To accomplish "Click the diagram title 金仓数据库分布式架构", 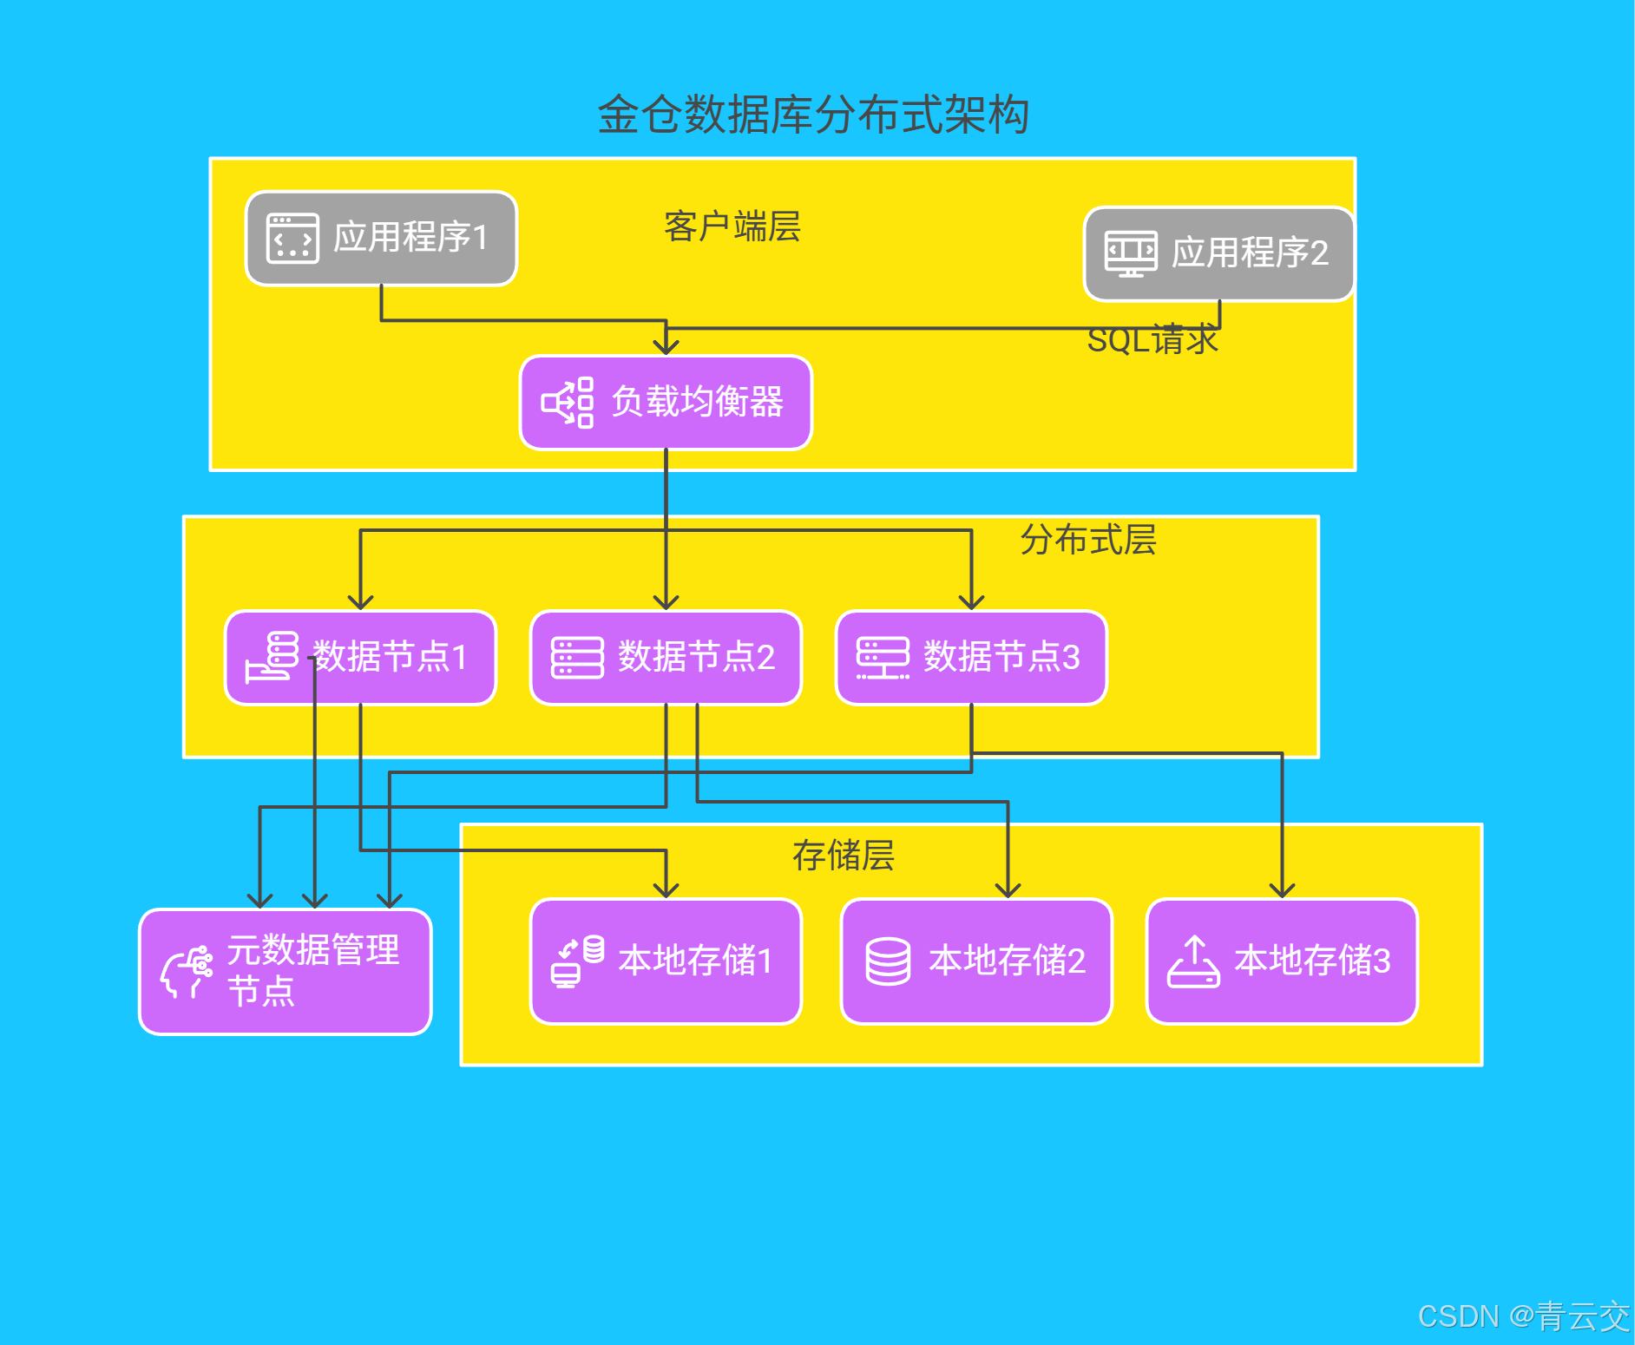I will click(813, 115).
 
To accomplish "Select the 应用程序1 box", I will click(382, 239).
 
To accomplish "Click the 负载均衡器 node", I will click(666, 403).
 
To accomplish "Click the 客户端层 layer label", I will click(732, 226).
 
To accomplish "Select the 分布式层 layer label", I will click(1087, 540).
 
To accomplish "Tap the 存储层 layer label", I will click(843, 856).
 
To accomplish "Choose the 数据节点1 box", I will click(360, 658).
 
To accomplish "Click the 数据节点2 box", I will click(666, 658).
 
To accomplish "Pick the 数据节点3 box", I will click(971, 658).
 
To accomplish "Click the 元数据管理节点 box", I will click(286, 972).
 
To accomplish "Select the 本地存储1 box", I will click(666, 961).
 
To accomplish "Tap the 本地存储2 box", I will click(976, 961).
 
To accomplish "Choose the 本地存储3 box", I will click(1282, 961).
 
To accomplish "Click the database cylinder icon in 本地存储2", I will click(888, 961).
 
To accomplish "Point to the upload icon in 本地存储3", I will click(1194, 961).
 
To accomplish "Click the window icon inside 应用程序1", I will click(292, 239).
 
